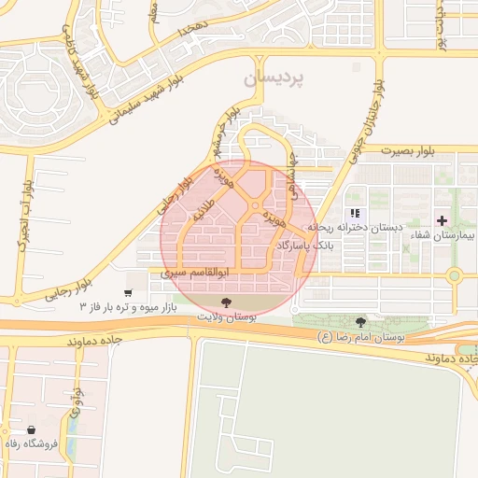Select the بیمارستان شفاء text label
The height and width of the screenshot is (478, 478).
click(x=443, y=237)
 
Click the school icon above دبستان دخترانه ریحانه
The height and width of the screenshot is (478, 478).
click(x=354, y=213)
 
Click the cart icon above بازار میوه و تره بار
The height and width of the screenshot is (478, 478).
click(x=128, y=291)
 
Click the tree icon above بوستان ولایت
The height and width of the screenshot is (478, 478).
click(x=226, y=301)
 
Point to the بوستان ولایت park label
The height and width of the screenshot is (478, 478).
click(x=226, y=316)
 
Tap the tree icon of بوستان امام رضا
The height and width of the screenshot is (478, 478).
click(x=360, y=323)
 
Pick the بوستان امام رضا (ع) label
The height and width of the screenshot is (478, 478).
click(x=360, y=336)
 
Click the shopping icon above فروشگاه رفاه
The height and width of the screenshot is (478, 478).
click(x=33, y=429)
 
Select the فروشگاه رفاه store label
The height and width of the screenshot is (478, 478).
click(x=33, y=443)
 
